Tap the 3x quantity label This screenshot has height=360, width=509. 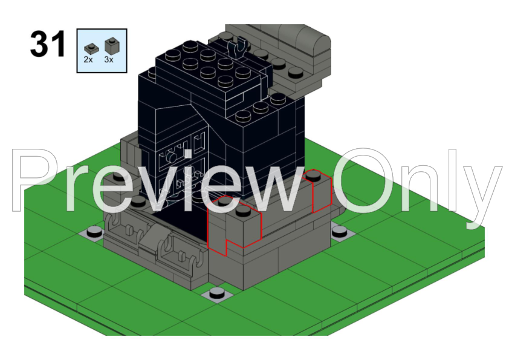109,61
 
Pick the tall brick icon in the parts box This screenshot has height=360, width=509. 110,45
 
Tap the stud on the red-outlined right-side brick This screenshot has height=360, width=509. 314,176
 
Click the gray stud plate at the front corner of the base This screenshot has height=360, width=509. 218,294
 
